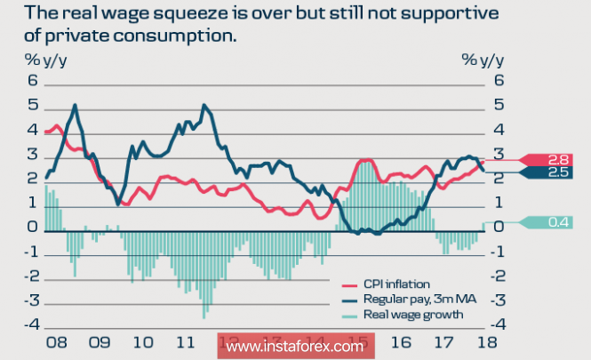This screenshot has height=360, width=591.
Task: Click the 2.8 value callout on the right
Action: pyautogui.click(x=557, y=158)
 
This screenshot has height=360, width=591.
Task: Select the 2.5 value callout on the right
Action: pyautogui.click(x=557, y=172)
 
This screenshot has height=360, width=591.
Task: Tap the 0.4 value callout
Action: pyautogui.click(x=557, y=221)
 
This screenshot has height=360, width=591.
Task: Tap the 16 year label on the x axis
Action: pyautogui.click(x=401, y=342)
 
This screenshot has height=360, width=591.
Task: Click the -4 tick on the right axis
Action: pyautogui.click(x=496, y=326)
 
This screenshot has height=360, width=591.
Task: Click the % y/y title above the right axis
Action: pyautogui.click(x=483, y=60)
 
